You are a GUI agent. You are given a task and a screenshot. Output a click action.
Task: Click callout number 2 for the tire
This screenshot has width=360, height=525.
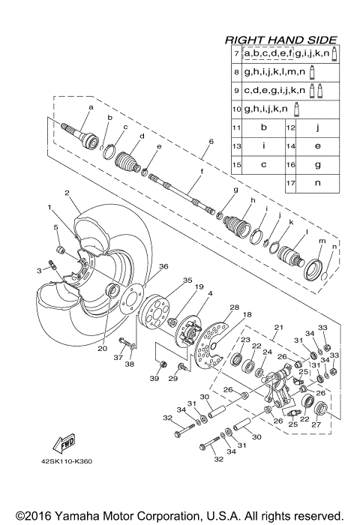[67, 193]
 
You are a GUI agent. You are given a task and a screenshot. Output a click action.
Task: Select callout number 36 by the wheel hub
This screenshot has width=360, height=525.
[163, 266]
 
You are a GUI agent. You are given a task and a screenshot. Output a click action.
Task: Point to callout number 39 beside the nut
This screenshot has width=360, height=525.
[154, 379]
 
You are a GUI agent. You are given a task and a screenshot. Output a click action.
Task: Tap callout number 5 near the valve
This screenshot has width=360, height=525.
[55, 226]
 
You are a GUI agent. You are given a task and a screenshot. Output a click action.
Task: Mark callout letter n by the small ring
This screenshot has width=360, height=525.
[334, 247]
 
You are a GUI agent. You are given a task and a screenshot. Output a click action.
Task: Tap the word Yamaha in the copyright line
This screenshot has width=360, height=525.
[67, 516]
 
